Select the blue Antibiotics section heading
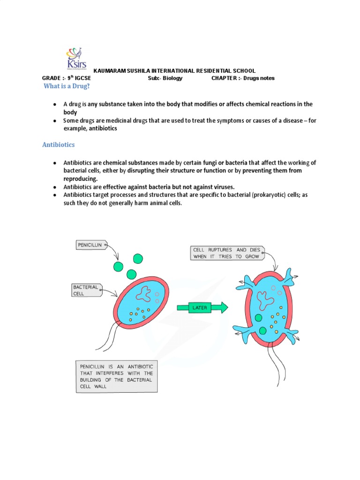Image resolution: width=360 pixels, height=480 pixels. [59, 145]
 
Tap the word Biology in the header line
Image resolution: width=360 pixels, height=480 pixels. [172, 78]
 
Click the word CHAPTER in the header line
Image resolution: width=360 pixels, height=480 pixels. [224, 78]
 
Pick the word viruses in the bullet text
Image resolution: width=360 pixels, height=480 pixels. [222, 187]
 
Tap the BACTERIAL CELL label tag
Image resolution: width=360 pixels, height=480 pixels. [86, 289]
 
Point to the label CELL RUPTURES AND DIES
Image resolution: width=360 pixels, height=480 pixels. [227, 253]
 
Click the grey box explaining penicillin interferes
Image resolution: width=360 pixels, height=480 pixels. [116, 376]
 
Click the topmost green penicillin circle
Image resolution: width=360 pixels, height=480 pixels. [138, 258]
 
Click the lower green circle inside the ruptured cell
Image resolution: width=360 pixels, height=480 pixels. [262, 331]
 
